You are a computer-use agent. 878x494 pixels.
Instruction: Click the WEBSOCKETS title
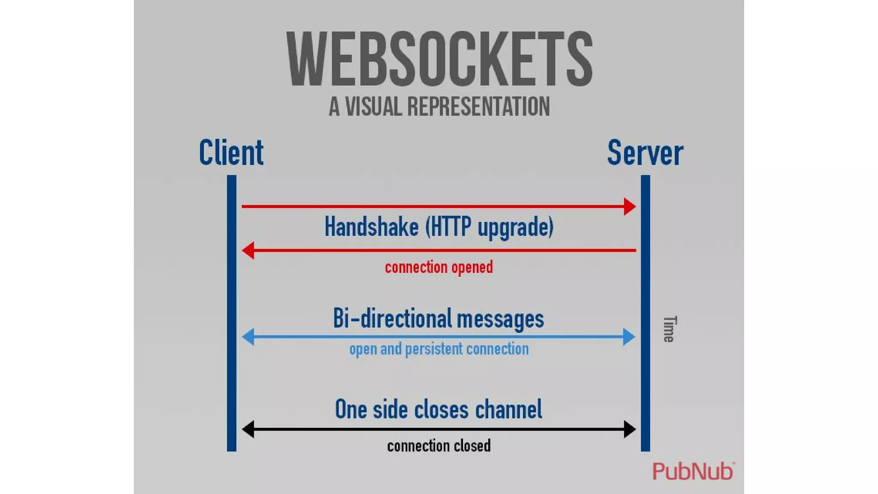(x=439, y=59)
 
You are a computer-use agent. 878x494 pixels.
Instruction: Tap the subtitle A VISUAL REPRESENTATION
(x=439, y=106)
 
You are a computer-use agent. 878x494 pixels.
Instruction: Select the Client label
(x=231, y=153)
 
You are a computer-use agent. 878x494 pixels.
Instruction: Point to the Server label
(x=645, y=153)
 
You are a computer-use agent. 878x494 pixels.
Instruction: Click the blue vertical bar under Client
(x=232, y=313)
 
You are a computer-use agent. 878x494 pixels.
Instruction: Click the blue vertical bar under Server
(x=645, y=313)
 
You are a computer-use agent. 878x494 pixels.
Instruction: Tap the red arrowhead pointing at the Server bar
(x=629, y=207)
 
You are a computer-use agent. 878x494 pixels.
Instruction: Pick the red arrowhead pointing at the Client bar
(x=248, y=250)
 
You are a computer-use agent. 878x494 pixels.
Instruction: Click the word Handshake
(x=371, y=226)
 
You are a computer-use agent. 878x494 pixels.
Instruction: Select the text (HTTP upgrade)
(x=489, y=226)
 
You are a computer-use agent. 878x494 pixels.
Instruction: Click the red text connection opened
(x=439, y=267)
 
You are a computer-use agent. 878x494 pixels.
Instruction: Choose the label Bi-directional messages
(x=439, y=319)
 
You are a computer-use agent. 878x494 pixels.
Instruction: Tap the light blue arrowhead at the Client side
(x=248, y=337)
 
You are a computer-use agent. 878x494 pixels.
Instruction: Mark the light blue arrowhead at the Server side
(x=629, y=337)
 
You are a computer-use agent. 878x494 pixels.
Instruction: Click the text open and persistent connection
(x=439, y=349)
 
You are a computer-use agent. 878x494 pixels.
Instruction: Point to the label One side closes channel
(x=439, y=409)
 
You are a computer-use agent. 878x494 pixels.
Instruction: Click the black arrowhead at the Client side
(x=248, y=429)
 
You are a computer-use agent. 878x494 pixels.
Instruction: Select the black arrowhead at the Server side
(x=629, y=429)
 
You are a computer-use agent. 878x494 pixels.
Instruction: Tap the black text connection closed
(x=439, y=446)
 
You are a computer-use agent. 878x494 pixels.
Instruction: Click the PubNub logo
(x=693, y=471)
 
